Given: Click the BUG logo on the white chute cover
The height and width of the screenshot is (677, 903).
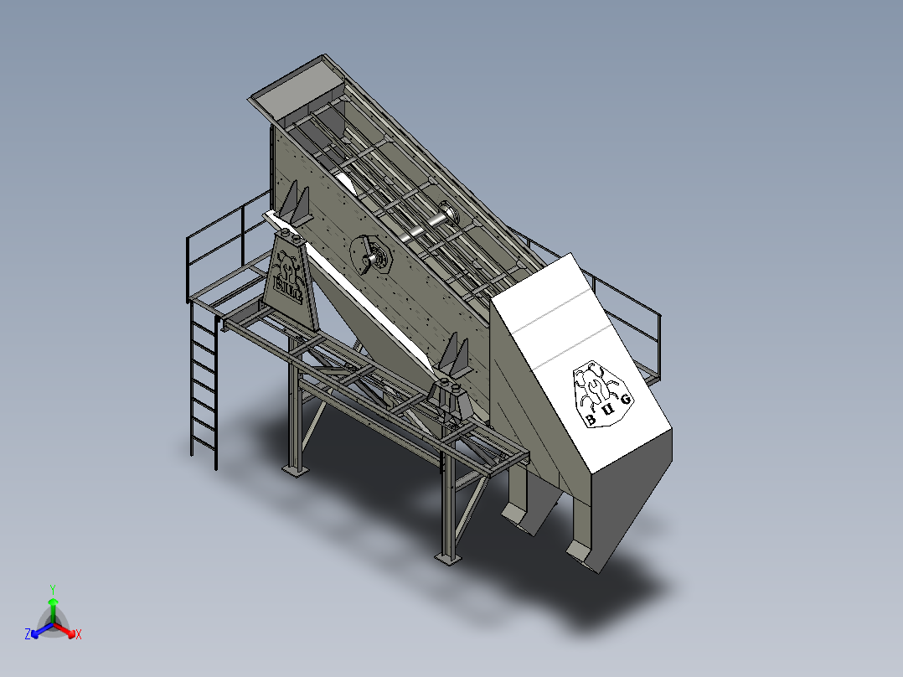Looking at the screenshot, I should coord(601,393).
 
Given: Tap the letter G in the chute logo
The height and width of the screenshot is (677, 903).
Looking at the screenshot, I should coord(626,400).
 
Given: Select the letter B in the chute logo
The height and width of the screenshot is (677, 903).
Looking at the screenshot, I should coord(591,420).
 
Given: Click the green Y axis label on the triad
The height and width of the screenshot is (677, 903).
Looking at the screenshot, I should coord(52,589).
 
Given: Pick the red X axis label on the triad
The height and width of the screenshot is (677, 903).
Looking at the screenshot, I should coord(79,635).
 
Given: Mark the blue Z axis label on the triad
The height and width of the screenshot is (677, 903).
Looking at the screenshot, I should coord(28,635).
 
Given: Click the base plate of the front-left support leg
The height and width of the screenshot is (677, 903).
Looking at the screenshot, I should coord(294,470).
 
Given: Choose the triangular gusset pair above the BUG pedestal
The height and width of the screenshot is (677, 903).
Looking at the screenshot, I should coord(293,205).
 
